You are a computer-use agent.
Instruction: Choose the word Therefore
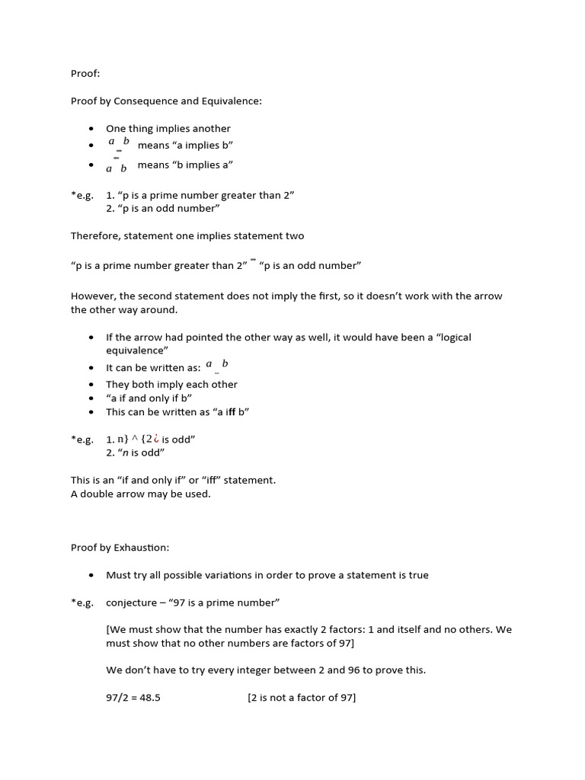coord(96,235)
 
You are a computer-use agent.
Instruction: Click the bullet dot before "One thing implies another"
coord(91,129)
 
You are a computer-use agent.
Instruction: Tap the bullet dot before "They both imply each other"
coord(91,385)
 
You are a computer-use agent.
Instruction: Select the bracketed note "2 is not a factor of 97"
coord(302,698)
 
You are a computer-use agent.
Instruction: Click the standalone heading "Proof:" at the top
coord(85,74)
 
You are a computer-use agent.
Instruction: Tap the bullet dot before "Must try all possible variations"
coord(91,575)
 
